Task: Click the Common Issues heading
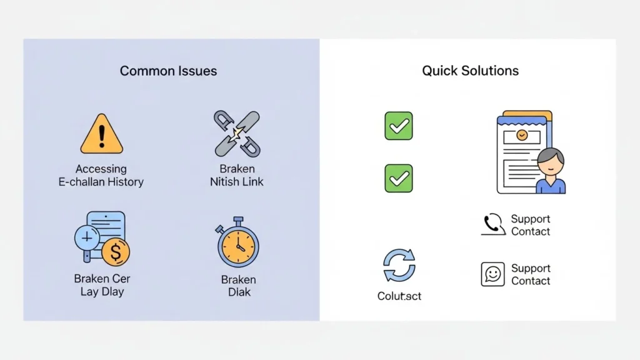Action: click(x=168, y=71)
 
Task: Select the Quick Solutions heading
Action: click(x=470, y=71)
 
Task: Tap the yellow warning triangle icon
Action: click(x=101, y=135)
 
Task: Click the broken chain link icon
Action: click(x=237, y=134)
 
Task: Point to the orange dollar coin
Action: click(x=115, y=252)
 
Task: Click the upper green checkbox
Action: click(x=398, y=126)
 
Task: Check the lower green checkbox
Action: click(x=398, y=178)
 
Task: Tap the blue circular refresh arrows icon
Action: click(x=399, y=266)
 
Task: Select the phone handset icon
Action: click(x=493, y=224)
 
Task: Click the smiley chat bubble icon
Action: click(x=492, y=274)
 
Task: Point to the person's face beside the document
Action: click(x=551, y=164)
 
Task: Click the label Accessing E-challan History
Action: click(x=101, y=176)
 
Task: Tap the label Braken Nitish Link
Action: click(x=237, y=176)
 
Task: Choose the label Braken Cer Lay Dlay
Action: click(x=102, y=285)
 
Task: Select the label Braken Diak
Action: click(x=238, y=286)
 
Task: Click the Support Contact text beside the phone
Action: click(x=531, y=225)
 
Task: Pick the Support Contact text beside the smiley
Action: click(x=531, y=274)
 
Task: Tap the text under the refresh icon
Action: click(x=399, y=296)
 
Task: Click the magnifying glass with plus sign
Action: click(x=87, y=239)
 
